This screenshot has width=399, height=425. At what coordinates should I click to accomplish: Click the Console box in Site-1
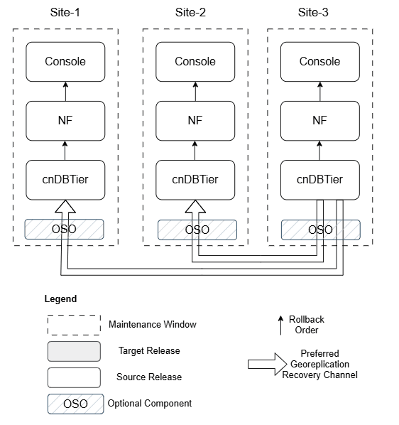tap(65, 62)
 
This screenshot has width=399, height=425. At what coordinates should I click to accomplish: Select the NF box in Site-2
tap(195, 120)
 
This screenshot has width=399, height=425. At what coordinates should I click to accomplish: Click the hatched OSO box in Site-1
tap(65, 230)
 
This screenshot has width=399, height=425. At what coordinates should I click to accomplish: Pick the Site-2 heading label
tap(190, 12)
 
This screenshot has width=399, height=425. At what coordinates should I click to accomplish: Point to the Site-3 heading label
tap(315, 12)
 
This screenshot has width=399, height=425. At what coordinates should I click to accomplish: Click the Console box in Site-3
tap(319, 62)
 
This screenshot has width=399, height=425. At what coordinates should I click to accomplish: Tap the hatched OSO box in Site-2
tap(197, 230)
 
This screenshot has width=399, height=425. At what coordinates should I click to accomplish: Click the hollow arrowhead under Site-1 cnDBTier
tap(65, 207)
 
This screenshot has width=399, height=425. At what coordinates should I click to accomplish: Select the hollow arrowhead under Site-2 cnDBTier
tap(195, 207)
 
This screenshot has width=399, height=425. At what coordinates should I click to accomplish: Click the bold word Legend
tap(60, 299)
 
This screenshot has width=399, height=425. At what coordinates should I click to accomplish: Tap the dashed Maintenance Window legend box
tap(74, 325)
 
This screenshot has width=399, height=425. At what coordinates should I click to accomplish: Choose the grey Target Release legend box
tap(74, 351)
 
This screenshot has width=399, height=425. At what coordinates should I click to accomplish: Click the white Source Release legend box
tap(74, 377)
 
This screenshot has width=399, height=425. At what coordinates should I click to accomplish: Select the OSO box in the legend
tap(74, 404)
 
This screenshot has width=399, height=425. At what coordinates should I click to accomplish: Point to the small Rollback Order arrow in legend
tap(281, 324)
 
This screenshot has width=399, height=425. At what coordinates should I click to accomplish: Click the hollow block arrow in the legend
tap(263, 364)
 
